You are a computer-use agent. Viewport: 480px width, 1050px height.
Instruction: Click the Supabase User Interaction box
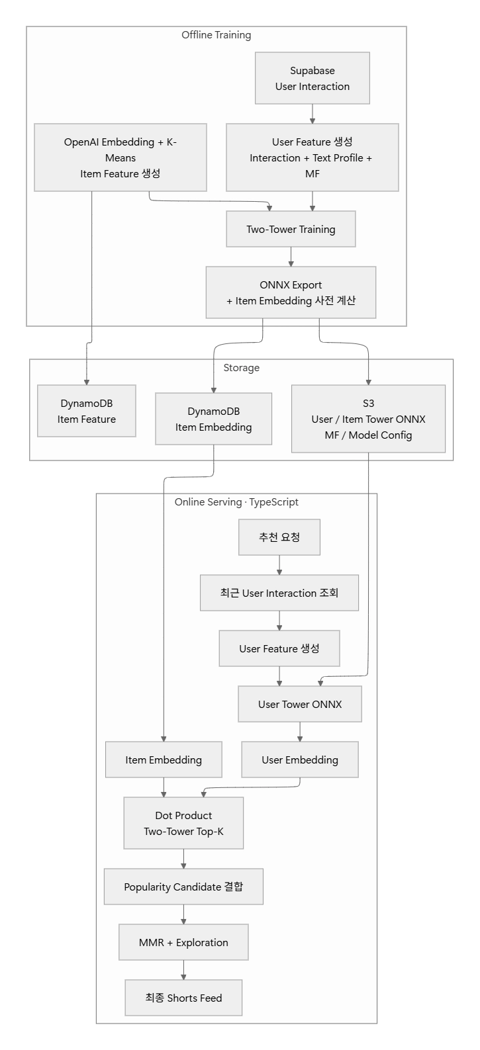pyautogui.click(x=312, y=78)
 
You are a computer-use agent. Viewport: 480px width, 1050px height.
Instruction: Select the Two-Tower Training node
pyautogui.click(x=291, y=229)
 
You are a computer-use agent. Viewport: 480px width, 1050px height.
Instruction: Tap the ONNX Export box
pyautogui.click(x=291, y=292)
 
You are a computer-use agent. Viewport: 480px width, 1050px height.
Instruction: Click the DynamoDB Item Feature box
pyautogui.click(x=86, y=411)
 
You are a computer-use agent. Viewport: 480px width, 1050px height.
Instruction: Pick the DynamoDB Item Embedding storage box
pyautogui.click(x=213, y=419)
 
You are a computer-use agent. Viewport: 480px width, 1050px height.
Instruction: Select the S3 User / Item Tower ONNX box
pyautogui.click(x=368, y=419)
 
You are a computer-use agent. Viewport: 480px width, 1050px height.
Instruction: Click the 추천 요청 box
pyautogui.click(x=279, y=537)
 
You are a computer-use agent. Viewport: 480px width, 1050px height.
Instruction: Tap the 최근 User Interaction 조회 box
pyautogui.click(x=279, y=593)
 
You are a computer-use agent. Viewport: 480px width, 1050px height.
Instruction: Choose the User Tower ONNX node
pyautogui.click(x=300, y=704)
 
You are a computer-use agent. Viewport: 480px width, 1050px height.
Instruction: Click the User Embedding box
pyautogui.click(x=300, y=760)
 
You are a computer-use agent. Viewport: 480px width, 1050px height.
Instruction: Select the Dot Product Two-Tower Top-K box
pyautogui.click(x=183, y=823)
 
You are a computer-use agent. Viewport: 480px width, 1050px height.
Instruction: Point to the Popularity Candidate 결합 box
pyautogui.click(x=183, y=887)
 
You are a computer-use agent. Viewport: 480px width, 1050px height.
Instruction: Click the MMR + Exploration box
pyautogui.click(x=183, y=943)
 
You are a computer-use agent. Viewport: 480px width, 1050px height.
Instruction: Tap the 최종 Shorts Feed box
pyautogui.click(x=183, y=998)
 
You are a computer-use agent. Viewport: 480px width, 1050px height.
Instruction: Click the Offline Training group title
pyautogui.click(x=216, y=35)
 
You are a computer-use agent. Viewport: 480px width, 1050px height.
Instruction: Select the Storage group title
pyautogui.click(x=241, y=368)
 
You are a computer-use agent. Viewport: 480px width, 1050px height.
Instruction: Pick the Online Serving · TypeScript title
pyautogui.click(x=236, y=502)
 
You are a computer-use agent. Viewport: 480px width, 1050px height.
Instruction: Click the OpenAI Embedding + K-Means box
pyautogui.click(x=120, y=157)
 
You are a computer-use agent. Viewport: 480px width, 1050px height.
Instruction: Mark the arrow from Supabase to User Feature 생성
pyautogui.click(x=312, y=114)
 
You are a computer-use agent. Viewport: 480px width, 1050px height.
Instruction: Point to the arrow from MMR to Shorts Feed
pyautogui.click(x=183, y=971)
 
